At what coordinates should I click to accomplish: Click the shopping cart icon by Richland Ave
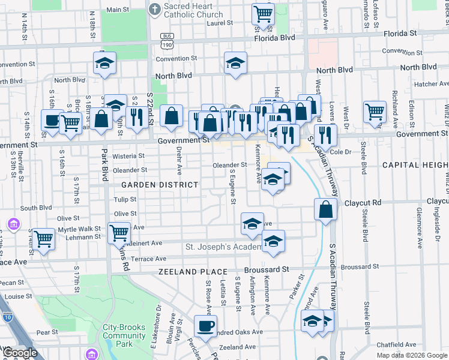pyautogui.click(x=375, y=112)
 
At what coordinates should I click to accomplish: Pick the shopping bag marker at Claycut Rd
pyautogui.click(x=325, y=209)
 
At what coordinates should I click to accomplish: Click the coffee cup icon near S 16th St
pyautogui.click(x=52, y=119)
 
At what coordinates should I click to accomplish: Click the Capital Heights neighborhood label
pyautogui.click(x=415, y=164)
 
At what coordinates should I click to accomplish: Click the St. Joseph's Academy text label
pyautogui.click(x=223, y=247)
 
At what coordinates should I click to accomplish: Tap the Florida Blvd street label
pyautogui.click(x=275, y=37)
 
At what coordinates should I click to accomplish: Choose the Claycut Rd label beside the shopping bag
pyautogui.click(x=363, y=203)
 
